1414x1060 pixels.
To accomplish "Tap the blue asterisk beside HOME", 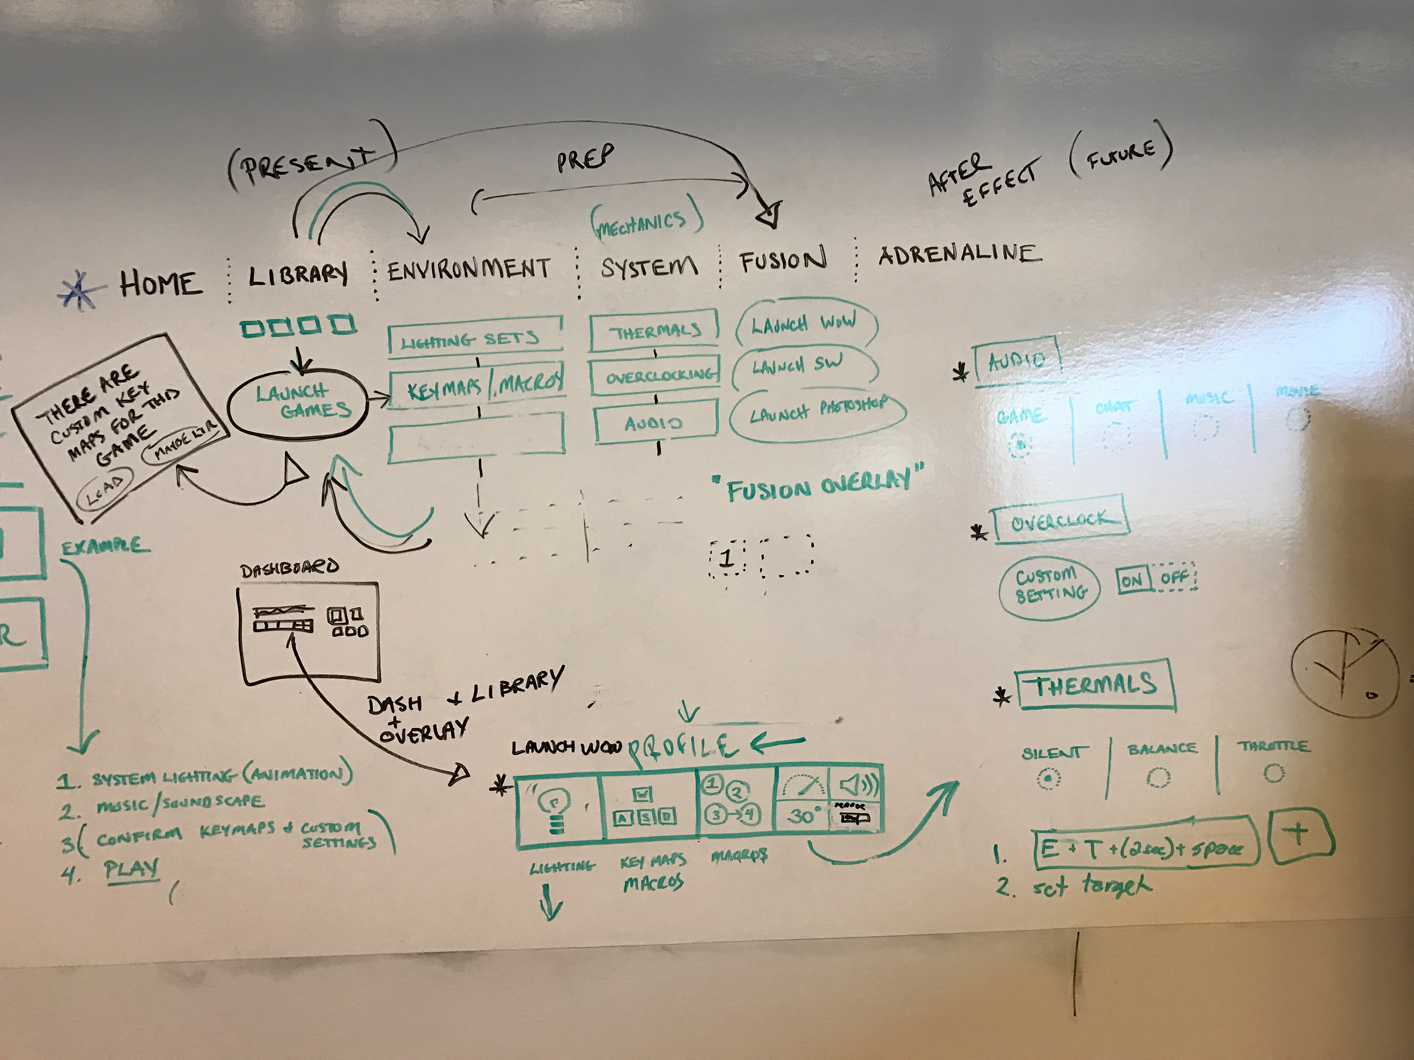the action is click(x=81, y=289).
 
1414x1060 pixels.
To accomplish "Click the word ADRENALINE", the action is click(x=959, y=254).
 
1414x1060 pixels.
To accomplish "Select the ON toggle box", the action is click(x=1132, y=580).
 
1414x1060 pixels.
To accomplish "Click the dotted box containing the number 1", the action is click(x=727, y=558).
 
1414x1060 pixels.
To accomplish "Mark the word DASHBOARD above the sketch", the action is click(x=289, y=568).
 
